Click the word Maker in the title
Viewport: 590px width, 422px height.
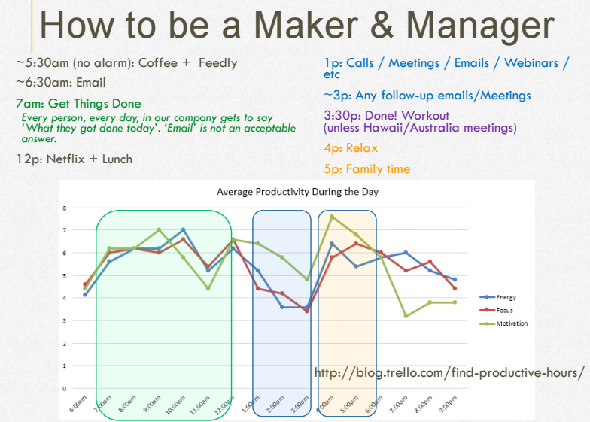click(306, 25)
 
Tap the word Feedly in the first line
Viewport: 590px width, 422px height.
click(218, 63)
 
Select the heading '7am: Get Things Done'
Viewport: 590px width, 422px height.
click(78, 104)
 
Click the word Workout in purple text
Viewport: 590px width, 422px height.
click(425, 116)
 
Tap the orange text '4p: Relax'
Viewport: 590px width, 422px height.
click(351, 148)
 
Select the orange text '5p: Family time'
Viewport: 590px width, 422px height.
click(367, 169)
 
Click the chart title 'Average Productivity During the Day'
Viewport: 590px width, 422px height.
click(298, 192)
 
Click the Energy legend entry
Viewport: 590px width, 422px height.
click(498, 297)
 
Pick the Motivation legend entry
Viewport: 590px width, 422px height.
click(503, 323)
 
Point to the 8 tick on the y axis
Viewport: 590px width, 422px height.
click(65, 208)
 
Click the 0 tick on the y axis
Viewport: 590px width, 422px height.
click(65, 388)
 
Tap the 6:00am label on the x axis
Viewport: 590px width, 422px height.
click(78, 405)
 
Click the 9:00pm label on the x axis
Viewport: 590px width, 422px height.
click(448, 405)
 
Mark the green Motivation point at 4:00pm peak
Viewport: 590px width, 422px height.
click(332, 217)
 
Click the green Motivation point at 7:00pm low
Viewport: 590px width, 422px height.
click(406, 316)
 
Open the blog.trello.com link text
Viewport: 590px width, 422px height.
click(449, 373)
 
